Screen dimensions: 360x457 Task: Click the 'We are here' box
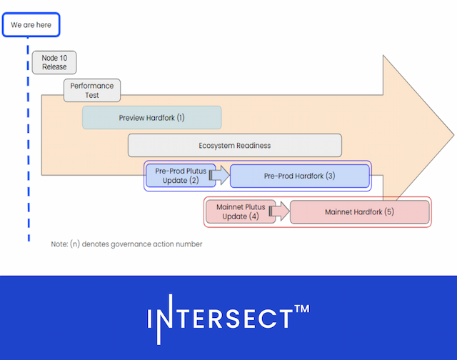click(31, 25)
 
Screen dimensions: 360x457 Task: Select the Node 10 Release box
click(54, 62)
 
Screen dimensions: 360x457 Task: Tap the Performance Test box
click(92, 90)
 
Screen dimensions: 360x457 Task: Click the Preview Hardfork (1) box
click(151, 117)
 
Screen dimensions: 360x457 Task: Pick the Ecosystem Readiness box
click(234, 145)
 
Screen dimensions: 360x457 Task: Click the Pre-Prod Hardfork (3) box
click(299, 176)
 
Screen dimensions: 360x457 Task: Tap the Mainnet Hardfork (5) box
click(359, 212)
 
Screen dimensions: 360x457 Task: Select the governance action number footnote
click(126, 244)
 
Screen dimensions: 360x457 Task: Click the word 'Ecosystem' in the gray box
click(219, 145)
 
